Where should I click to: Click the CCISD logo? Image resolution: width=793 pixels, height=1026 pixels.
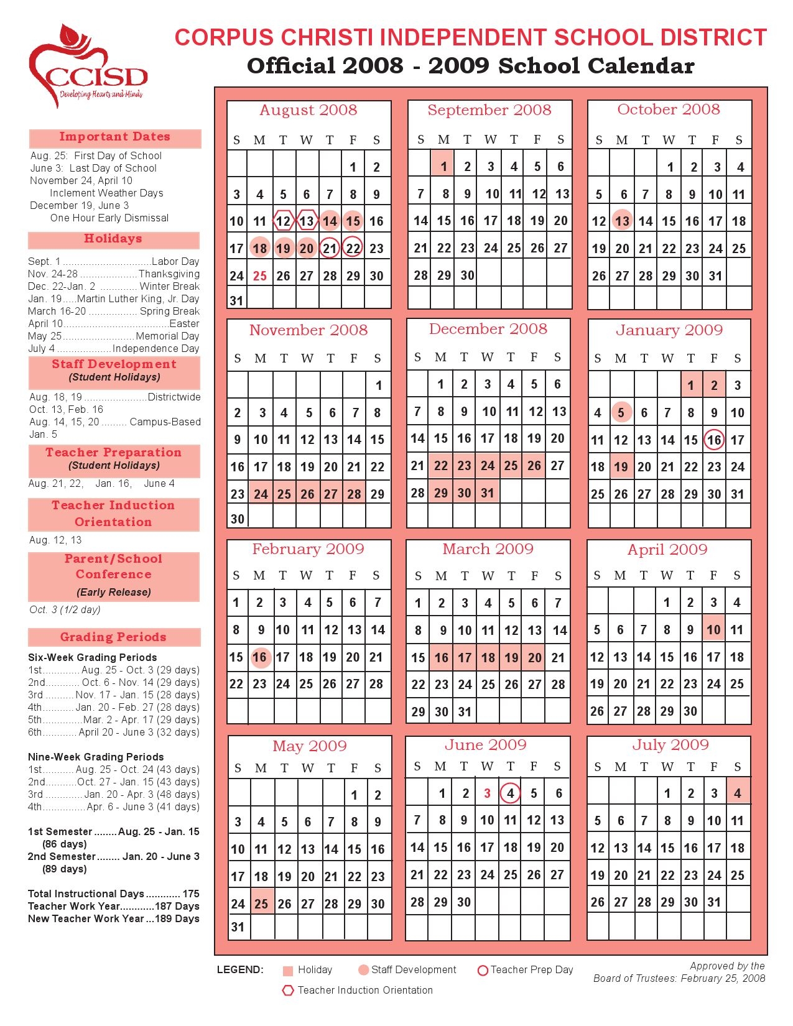point(87,65)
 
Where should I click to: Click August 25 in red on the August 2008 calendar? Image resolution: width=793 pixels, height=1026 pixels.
point(260,275)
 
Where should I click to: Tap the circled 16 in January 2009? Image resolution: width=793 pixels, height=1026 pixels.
point(714,440)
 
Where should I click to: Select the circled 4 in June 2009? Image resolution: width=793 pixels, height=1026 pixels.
point(510,793)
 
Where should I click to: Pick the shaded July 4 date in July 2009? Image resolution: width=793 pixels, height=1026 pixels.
point(738,793)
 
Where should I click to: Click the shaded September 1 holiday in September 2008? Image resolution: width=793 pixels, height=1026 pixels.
point(443,166)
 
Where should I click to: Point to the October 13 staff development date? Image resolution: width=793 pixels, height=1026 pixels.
point(622,221)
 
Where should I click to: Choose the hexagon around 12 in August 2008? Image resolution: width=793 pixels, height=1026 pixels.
point(284,221)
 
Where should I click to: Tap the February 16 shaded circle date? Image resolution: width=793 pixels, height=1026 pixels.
point(260,657)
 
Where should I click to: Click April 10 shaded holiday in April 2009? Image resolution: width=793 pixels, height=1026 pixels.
point(713,629)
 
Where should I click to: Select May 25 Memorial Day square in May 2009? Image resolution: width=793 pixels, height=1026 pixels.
point(261,904)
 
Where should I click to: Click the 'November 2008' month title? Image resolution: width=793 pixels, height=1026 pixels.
point(308,330)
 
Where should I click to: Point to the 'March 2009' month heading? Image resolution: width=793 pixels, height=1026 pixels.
point(488,549)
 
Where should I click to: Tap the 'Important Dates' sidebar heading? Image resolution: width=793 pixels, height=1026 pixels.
point(114,137)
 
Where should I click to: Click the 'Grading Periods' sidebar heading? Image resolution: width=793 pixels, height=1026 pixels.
point(113,637)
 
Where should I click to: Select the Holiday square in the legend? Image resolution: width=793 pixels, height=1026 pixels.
point(287,971)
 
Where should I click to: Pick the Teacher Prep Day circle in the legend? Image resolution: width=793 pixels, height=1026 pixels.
point(482,970)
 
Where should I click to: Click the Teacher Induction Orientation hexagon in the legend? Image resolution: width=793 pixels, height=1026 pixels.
point(287,991)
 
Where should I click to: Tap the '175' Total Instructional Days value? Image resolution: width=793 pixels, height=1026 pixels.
point(191,894)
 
